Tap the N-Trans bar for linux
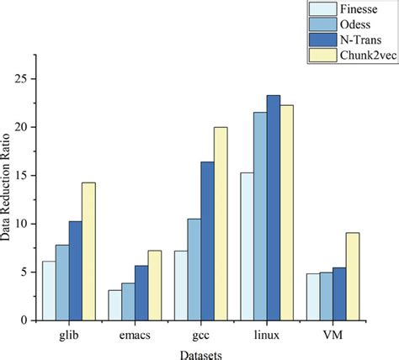click(274, 208)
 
